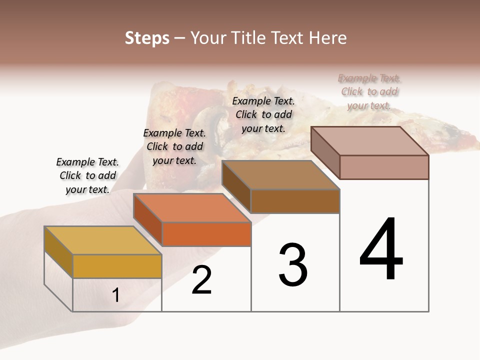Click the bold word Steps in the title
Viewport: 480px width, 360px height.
tap(147, 38)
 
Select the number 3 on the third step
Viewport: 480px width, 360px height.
tap(293, 265)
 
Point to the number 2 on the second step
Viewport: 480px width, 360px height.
tap(202, 280)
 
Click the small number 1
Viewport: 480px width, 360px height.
tap(116, 295)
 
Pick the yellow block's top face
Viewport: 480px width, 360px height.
tap(102, 240)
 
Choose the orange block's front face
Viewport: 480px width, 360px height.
tap(206, 234)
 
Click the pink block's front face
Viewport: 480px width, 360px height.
tap(384, 167)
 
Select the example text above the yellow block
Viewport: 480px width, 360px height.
tap(87, 175)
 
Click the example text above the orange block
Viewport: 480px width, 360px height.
tap(174, 146)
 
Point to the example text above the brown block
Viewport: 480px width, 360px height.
tap(263, 114)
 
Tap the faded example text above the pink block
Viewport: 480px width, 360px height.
tap(369, 91)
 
